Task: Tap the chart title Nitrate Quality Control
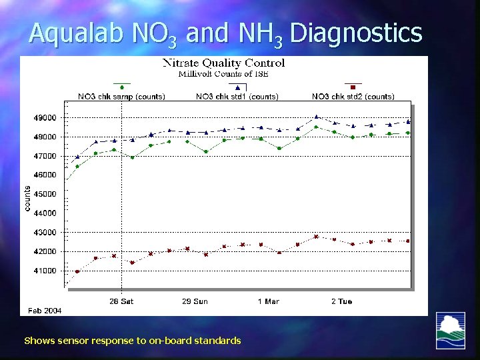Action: [224, 63]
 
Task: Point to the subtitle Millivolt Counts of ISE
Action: [223, 73]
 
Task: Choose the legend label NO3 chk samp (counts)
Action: [121, 97]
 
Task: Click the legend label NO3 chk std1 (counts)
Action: [237, 97]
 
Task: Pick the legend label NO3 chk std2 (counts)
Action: [353, 97]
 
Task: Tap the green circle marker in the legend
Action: [121, 87]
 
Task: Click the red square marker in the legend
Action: [353, 87]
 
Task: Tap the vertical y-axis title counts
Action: [27, 199]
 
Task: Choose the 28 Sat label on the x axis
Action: [121, 301]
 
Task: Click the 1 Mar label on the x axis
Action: [268, 301]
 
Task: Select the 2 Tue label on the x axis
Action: [341, 301]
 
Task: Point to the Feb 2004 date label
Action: [44, 311]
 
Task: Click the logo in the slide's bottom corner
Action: [450, 330]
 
